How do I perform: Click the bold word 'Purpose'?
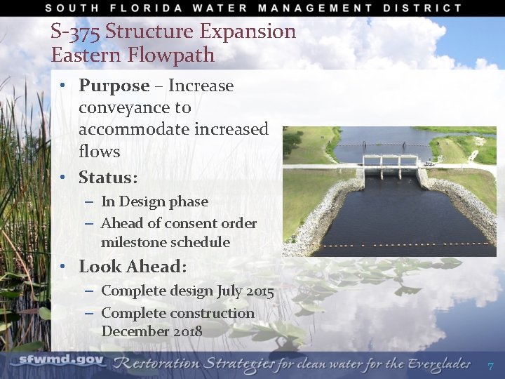(114, 86)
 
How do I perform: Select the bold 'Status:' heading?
(108, 176)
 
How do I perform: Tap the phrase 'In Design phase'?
(154, 201)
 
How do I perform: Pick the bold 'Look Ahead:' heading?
(133, 267)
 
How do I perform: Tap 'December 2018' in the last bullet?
(151, 331)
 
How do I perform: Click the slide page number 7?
(490, 366)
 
